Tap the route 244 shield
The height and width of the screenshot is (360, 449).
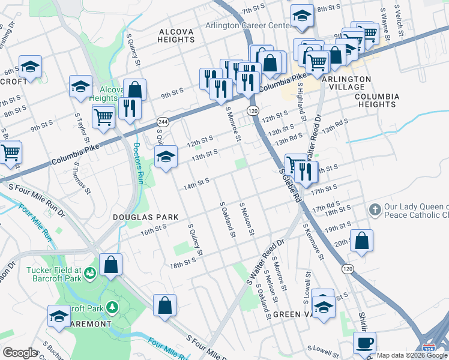(162, 122)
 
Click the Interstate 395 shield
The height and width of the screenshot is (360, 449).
(429, 347)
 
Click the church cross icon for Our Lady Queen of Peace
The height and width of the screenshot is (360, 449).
(375, 210)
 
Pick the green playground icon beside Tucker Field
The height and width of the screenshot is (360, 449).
(90, 274)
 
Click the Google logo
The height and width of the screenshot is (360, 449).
(20, 352)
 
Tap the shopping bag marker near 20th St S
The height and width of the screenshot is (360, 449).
(361, 241)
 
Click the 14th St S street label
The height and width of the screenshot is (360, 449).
(196, 183)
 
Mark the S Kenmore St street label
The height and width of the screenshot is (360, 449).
(314, 242)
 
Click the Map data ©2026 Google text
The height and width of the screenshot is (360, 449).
(412, 355)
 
